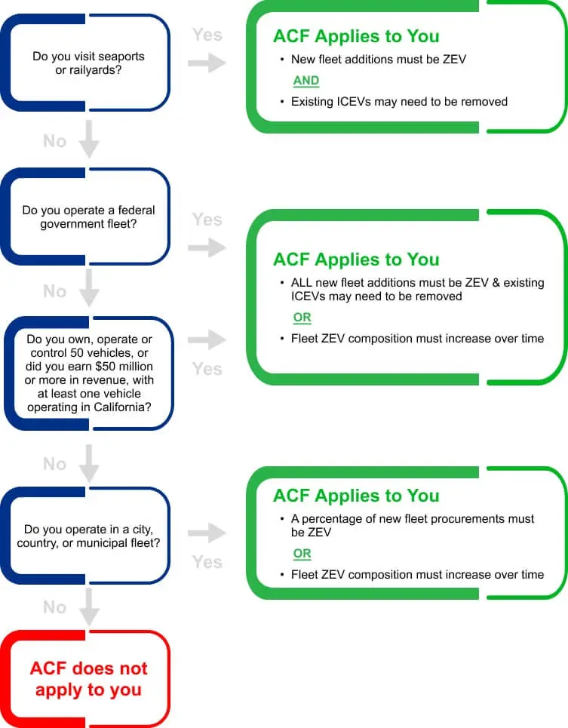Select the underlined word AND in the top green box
(305, 81)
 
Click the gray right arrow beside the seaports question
(207, 63)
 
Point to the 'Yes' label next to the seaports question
(207, 35)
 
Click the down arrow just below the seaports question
(89, 140)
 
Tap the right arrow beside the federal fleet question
(207, 247)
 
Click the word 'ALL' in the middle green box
(303, 283)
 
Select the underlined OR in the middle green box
(302, 318)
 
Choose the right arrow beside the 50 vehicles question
(207, 340)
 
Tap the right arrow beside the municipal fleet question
(207, 534)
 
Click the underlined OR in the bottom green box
(302, 554)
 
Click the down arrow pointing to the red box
(89, 607)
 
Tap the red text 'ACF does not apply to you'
(88, 679)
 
